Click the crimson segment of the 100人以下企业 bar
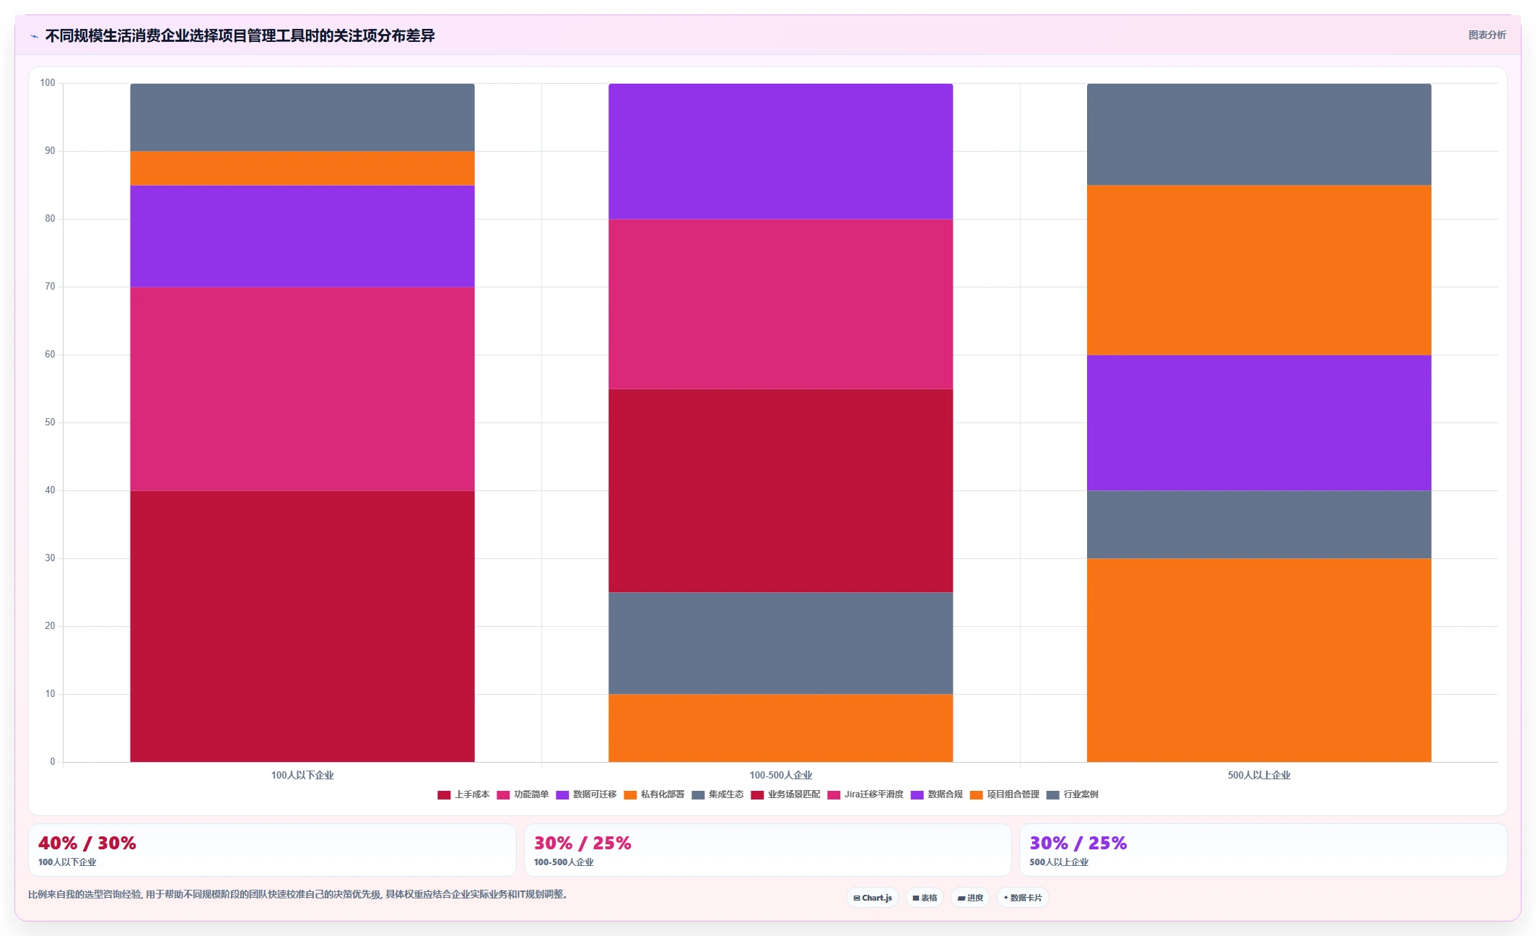(x=302, y=626)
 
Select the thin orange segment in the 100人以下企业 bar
(x=302, y=168)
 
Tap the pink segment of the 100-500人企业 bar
(x=780, y=304)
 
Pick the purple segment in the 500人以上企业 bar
(x=1259, y=422)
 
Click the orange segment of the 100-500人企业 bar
(x=780, y=728)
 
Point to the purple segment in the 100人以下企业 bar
(x=302, y=236)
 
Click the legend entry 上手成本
(x=463, y=794)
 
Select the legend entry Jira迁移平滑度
(x=865, y=794)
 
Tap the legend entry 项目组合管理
(x=1005, y=794)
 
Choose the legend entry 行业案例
(x=1073, y=794)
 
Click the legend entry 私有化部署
(x=654, y=794)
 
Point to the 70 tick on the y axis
(x=50, y=287)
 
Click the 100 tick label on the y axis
(x=48, y=83)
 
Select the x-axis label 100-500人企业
(x=780, y=775)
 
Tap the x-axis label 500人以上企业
(x=1259, y=775)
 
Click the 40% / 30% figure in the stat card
(x=87, y=843)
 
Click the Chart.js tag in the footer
(x=873, y=898)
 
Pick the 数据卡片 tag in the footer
(x=1023, y=898)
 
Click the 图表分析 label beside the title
(x=1487, y=35)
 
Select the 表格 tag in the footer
(x=925, y=898)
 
